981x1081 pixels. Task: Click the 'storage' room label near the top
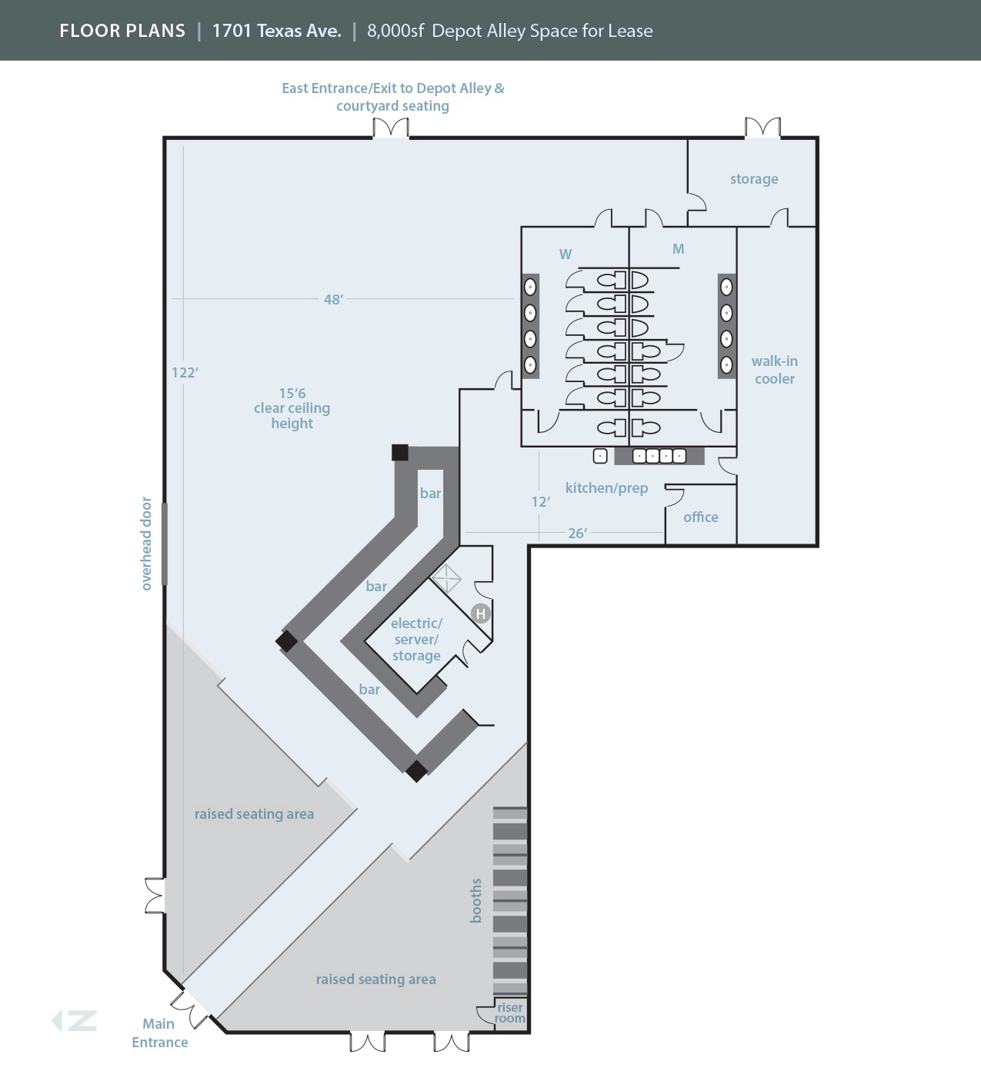(754, 179)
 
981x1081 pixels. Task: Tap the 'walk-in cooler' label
(775, 370)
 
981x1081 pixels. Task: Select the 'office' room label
(701, 517)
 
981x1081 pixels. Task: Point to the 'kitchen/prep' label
(606, 488)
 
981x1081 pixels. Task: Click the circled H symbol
(481, 614)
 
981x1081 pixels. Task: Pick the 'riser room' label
(509, 1013)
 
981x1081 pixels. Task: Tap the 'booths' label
(476, 900)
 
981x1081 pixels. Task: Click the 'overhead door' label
(146, 544)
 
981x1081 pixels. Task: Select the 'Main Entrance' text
(159, 1033)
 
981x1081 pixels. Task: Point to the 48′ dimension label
(333, 299)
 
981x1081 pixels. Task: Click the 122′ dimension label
(185, 373)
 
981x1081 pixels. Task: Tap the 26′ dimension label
(578, 533)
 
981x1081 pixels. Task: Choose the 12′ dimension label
(541, 502)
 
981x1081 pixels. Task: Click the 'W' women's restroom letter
(566, 254)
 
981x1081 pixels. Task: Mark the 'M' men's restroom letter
(678, 249)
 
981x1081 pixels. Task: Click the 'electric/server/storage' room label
(416, 640)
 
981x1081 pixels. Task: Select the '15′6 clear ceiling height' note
(292, 408)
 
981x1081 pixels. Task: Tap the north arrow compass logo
(75, 1021)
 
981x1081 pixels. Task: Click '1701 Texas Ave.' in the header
(276, 31)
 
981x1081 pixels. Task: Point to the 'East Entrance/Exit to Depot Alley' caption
(392, 97)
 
